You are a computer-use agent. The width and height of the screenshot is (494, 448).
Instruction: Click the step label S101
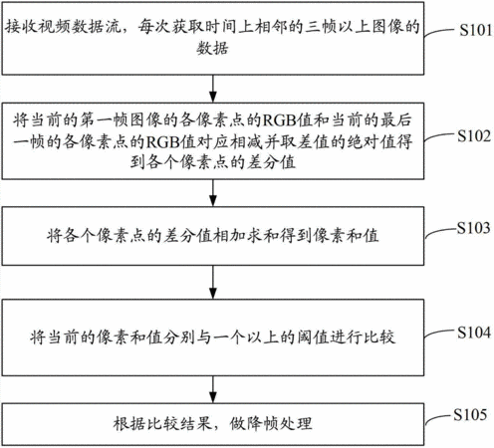coord(476,30)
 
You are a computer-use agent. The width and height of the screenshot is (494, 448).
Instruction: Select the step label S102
coord(474,136)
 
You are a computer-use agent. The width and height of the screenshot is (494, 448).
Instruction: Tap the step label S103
coord(473,228)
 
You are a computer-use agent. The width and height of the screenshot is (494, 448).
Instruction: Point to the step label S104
coord(474,333)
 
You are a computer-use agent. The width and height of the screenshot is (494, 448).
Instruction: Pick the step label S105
coord(470,414)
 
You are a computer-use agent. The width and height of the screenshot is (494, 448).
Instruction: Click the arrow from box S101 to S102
coord(213,89)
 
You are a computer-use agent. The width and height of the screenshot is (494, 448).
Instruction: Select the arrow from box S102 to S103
coord(213,193)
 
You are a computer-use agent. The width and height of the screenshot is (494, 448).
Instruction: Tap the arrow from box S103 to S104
coord(213,282)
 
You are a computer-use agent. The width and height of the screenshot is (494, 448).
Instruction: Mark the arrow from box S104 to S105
coord(213,389)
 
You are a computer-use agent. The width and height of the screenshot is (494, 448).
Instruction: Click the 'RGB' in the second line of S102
coord(162,142)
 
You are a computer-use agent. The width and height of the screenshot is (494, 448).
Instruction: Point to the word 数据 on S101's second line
coord(212,49)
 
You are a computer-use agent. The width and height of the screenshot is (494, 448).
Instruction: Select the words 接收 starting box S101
coord(21,27)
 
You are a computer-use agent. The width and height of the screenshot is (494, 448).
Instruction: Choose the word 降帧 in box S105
coord(262,424)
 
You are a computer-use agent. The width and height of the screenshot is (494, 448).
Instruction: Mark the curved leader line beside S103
coord(441,233)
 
